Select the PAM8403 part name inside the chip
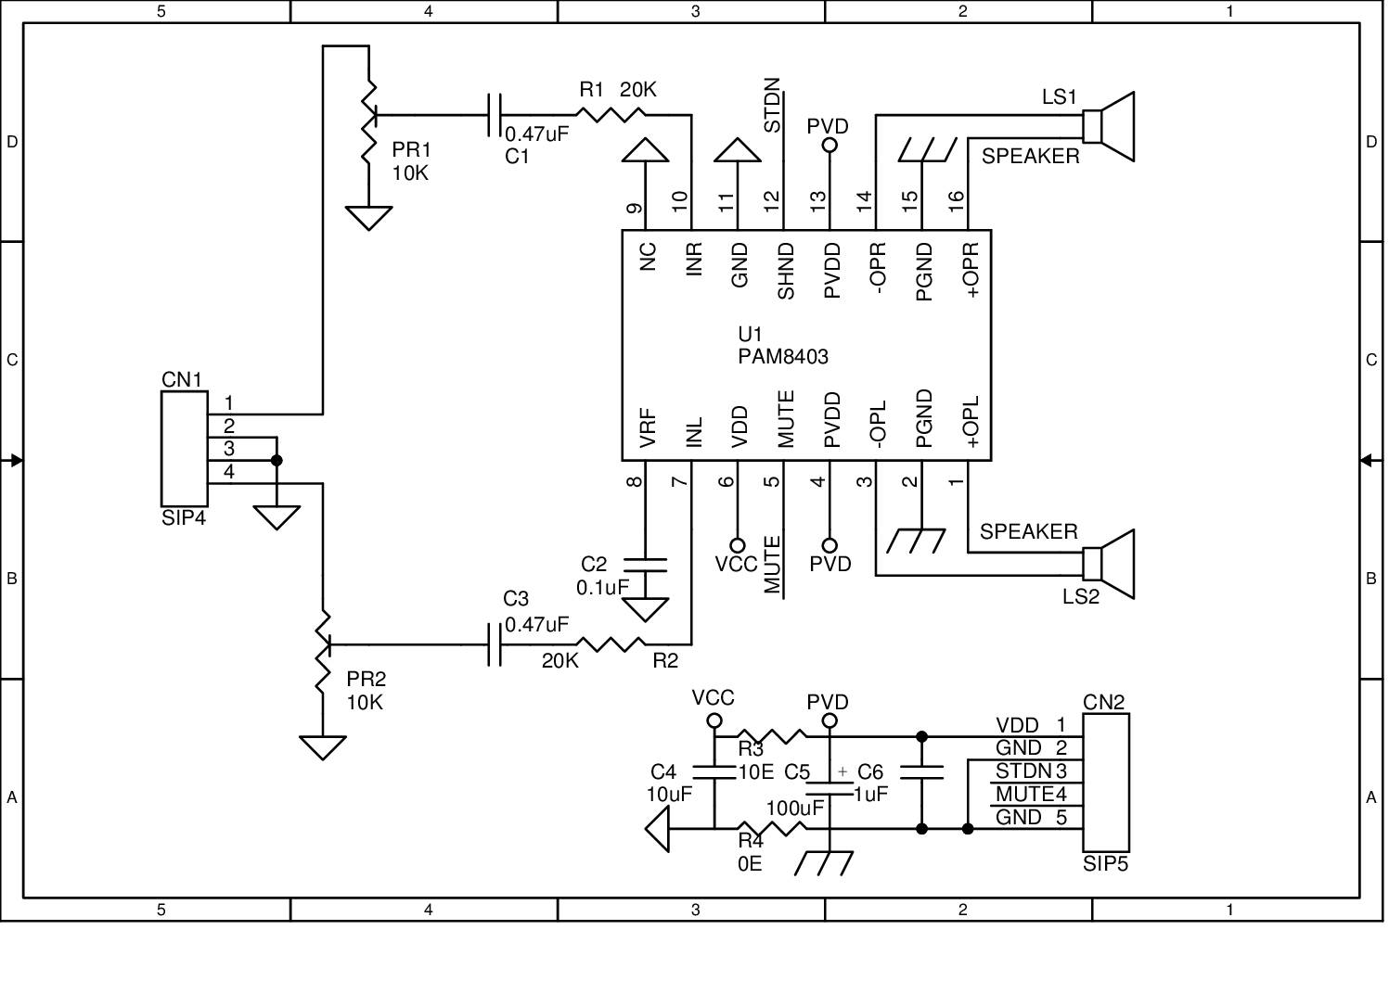click(783, 357)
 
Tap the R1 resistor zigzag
click(610, 115)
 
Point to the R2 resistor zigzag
click(610, 643)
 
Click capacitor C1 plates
click(495, 115)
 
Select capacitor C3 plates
click(495, 643)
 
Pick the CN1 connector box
click(184, 449)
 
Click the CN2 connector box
click(1105, 782)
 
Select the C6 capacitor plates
click(921, 772)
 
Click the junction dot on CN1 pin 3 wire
click(277, 460)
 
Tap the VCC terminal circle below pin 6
click(738, 545)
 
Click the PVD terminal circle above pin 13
click(830, 145)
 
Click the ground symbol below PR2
click(323, 746)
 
